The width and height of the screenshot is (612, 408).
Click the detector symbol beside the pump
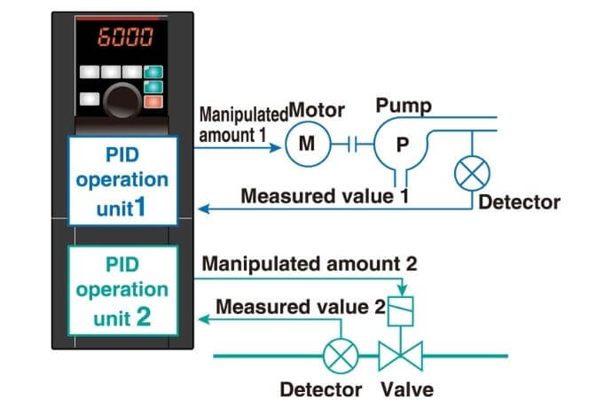point(471,172)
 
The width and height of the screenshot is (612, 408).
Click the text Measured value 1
point(325,196)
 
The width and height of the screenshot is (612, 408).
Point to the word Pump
point(404,107)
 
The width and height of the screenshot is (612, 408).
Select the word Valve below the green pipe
point(408,389)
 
